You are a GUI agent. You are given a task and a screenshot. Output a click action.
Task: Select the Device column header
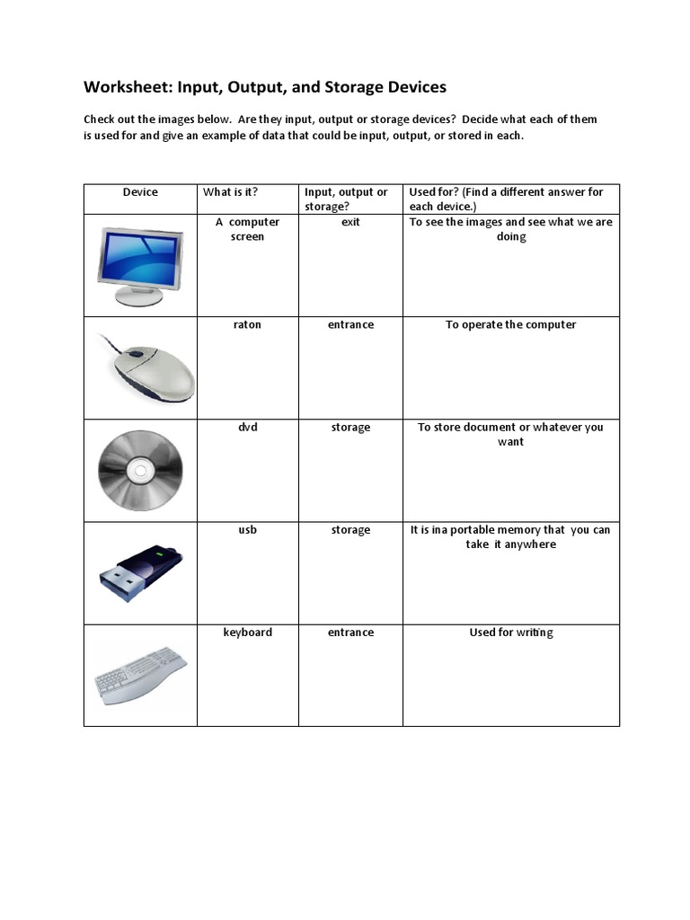click(x=140, y=191)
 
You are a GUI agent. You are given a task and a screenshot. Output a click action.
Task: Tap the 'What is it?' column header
click(x=230, y=191)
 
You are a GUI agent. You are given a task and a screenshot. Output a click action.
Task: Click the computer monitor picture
click(x=140, y=266)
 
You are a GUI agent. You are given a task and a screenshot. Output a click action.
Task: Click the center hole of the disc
click(x=140, y=470)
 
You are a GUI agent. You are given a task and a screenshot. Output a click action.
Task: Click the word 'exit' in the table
click(x=350, y=222)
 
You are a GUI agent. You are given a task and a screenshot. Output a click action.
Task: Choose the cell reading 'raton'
click(x=247, y=324)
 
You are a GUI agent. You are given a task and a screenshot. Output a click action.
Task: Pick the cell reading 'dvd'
click(x=247, y=427)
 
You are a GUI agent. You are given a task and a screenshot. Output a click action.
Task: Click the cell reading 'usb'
click(x=247, y=529)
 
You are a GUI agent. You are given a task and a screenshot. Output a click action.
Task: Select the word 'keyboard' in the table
click(x=247, y=632)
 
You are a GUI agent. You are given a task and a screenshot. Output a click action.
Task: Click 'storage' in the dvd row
click(x=350, y=427)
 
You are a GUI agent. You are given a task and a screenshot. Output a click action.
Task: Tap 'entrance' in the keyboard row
click(x=350, y=632)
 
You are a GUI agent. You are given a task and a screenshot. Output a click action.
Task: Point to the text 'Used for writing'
click(x=510, y=632)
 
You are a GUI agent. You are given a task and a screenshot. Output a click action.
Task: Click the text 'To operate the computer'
click(x=510, y=324)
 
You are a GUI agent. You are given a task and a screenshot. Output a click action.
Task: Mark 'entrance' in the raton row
click(x=350, y=324)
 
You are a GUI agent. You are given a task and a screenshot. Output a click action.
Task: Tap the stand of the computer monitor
click(x=139, y=297)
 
